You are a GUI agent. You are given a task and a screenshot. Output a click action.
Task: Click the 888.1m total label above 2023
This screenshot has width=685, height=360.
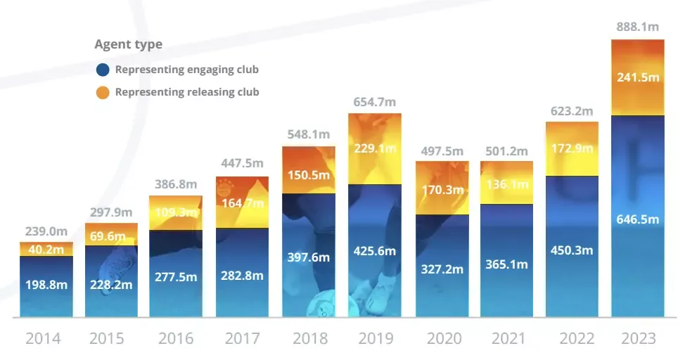[x=638, y=27]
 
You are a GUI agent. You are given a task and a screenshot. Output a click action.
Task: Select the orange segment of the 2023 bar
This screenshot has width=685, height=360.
[x=638, y=77]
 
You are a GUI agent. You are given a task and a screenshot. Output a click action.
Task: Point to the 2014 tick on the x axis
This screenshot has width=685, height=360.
[x=43, y=339]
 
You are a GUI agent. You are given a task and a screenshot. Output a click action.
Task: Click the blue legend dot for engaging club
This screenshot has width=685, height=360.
[x=103, y=70]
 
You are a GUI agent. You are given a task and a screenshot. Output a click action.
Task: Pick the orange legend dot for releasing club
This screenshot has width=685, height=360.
[x=103, y=92]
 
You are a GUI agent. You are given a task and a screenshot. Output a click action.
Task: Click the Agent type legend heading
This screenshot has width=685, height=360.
[x=128, y=44]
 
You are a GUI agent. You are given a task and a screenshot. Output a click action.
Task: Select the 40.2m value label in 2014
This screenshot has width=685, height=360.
[x=46, y=248]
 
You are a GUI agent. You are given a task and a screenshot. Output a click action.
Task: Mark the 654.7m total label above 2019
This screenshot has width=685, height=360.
[x=375, y=102]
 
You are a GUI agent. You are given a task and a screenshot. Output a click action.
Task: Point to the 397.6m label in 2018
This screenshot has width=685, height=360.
[x=309, y=257]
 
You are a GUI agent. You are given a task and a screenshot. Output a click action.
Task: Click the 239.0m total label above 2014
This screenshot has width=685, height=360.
[x=46, y=231]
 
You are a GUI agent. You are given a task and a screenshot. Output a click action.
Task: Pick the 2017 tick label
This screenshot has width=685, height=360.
[x=242, y=339]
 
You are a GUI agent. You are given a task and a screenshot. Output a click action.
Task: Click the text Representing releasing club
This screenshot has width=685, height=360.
[x=187, y=92]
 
